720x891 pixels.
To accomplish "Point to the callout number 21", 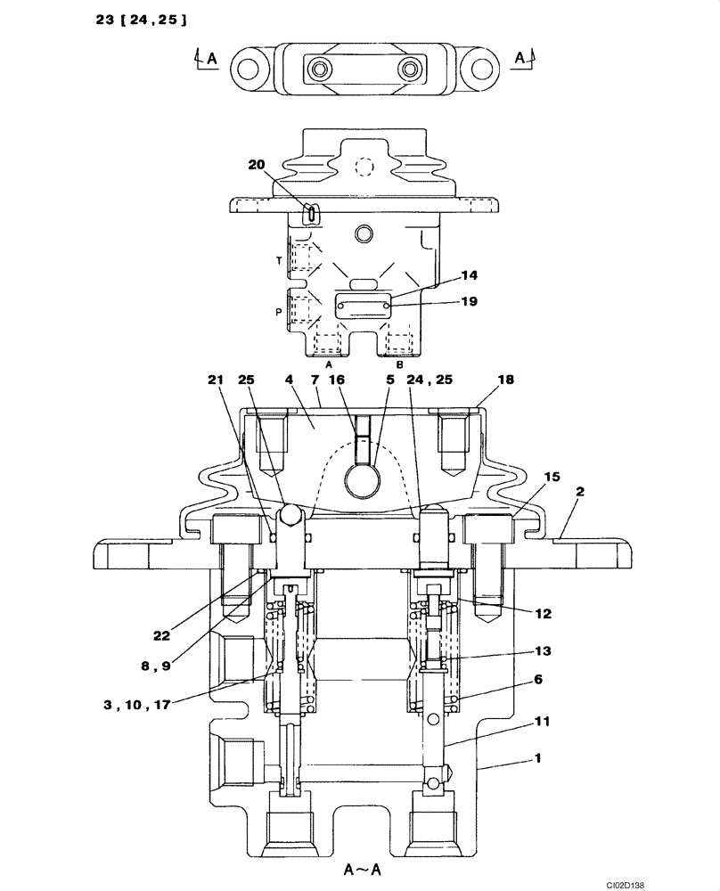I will pos(215,380).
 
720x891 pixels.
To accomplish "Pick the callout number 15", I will pos(551,477).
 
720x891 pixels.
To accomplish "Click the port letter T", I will pos(280,260).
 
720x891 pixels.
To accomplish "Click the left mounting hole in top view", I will pos(249,69).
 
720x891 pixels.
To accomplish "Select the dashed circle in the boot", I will pos(361,166).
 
